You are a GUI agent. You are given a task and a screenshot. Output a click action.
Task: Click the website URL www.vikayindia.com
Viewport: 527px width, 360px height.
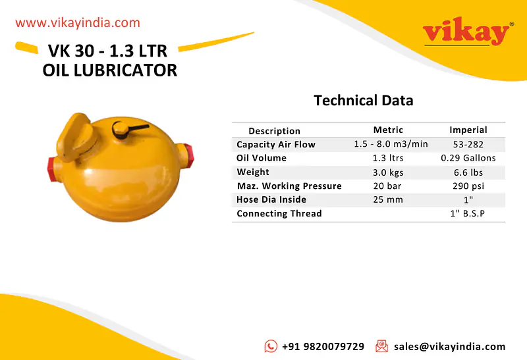click(78, 23)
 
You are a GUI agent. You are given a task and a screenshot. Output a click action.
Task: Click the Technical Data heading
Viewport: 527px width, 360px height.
click(363, 101)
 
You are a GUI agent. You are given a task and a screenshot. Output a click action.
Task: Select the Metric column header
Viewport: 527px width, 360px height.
click(388, 130)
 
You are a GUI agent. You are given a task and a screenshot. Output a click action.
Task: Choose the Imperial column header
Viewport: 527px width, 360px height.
click(468, 130)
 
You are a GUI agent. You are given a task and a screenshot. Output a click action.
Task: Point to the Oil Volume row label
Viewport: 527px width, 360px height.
click(262, 158)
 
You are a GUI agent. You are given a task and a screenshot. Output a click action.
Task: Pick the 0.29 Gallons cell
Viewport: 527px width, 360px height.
click(468, 158)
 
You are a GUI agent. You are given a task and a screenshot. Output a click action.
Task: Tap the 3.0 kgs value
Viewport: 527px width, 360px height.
click(389, 172)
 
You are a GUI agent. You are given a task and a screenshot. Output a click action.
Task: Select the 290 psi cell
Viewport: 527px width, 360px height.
click(468, 186)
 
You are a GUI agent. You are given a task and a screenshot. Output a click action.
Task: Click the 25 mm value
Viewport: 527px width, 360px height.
click(389, 199)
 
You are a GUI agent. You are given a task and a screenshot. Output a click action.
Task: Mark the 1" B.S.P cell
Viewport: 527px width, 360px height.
click(468, 213)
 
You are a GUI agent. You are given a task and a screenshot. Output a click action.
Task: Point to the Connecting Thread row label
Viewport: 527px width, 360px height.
click(279, 213)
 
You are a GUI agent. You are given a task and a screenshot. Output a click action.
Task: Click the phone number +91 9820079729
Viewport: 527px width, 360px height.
click(323, 346)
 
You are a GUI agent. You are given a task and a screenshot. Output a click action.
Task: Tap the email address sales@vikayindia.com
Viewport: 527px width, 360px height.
click(449, 346)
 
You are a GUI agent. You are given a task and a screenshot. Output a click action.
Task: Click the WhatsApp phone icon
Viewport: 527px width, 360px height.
click(271, 346)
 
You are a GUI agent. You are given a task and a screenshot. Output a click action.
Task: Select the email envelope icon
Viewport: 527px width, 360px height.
click(381, 346)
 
